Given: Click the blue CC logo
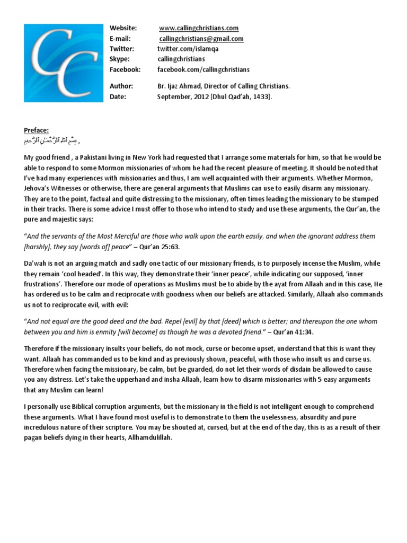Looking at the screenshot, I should [63, 63].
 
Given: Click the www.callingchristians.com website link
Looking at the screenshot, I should [199, 28].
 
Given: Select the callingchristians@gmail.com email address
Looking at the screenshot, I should [201, 39].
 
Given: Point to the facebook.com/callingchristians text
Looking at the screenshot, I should [203, 69].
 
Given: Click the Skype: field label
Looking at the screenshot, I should [119, 59].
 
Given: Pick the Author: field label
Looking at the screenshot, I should [121, 86].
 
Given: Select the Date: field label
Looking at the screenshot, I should [118, 96].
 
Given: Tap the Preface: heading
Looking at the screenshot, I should [36, 130].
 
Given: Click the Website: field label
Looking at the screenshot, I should [123, 28].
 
